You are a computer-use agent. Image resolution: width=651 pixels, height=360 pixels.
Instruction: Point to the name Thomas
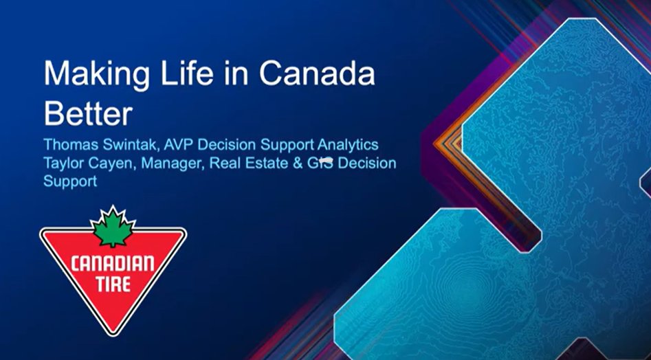tap(69, 146)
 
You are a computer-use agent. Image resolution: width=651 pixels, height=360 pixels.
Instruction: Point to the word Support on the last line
tap(70, 183)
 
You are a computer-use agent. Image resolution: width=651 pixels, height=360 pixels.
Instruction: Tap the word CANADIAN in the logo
tap(112, 263)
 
